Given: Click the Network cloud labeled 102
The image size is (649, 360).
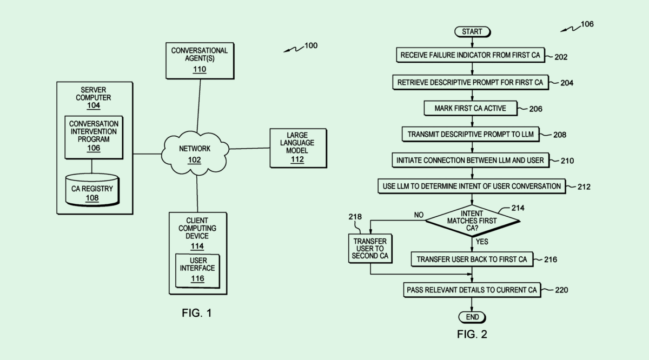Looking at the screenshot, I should [194, 154].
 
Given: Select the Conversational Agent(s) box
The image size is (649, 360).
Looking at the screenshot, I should [200, 60].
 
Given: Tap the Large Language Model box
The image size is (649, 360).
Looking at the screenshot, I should [297, 147].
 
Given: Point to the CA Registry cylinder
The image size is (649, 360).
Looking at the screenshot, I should [92, 189].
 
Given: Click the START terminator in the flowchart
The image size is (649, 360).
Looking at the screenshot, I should [472, 32].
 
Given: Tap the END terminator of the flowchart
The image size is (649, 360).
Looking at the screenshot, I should [472, 317].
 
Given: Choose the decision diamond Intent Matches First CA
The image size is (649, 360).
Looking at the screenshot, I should [472, 220].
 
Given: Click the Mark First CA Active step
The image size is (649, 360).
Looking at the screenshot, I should [470, 108].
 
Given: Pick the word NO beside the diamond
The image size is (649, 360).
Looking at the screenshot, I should [418, 215].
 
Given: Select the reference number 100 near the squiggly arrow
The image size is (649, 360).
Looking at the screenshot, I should [311, 46].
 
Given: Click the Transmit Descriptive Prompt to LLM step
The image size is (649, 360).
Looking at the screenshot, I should [470, 135].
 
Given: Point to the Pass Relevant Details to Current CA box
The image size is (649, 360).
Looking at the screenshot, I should [472, 290].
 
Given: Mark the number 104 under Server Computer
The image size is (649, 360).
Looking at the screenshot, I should [94, 106].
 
